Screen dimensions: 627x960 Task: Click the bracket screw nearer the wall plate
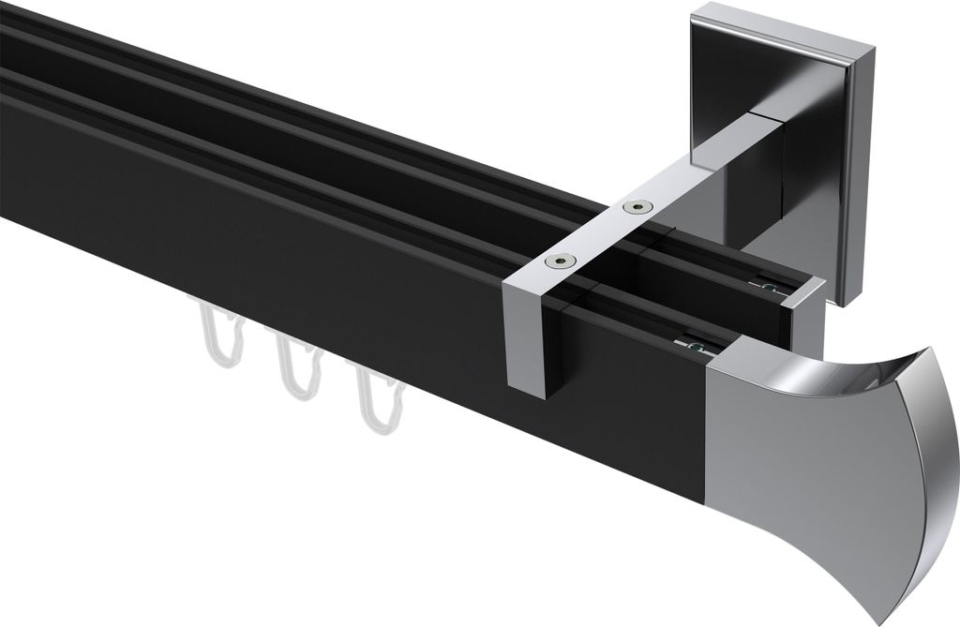[x=639, y=207]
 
